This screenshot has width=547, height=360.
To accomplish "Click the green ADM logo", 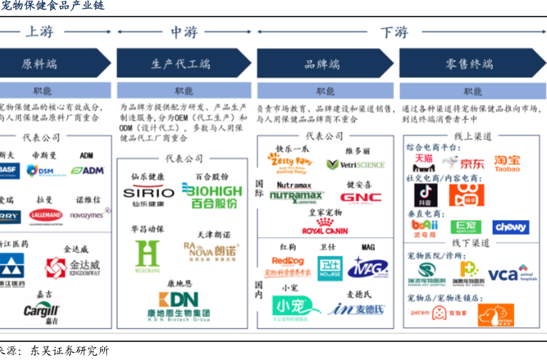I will coord(88,171).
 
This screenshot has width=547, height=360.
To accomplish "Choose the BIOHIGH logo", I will coord(211,193).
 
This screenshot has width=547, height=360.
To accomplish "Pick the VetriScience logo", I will coord(356,164).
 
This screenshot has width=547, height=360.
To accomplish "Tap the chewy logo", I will coord(511,227).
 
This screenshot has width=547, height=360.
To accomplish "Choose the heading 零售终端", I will coord(469,64).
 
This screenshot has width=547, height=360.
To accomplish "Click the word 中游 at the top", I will coord(184,32).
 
